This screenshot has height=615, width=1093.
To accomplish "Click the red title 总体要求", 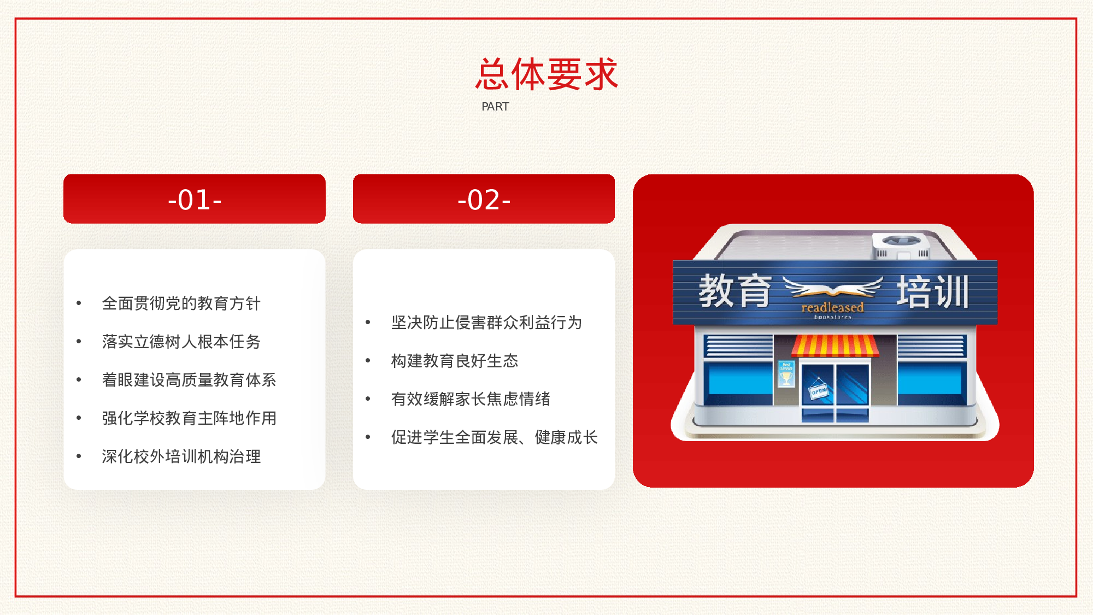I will (546, 74).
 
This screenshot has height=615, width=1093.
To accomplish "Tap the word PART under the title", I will (495, 107).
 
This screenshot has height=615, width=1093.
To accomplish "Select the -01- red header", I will (195, 199).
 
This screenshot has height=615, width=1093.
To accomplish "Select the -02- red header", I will (484, 199).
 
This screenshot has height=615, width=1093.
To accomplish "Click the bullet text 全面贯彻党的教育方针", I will (181, 303).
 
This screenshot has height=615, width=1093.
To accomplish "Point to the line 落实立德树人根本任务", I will (181, 342).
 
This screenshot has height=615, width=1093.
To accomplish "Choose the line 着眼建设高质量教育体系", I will (189, 380).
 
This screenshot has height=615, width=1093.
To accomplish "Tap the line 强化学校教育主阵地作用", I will (189, 418).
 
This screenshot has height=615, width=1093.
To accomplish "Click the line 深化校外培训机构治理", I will (181, 456).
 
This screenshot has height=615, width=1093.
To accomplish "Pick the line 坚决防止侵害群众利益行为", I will (486, 323).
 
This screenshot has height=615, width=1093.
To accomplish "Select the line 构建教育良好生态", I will (455, 361).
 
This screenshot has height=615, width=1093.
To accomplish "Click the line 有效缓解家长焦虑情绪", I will (471, 399).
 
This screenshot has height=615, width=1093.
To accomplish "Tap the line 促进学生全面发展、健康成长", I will (494, 437).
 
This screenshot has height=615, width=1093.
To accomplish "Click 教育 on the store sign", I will (735, 291).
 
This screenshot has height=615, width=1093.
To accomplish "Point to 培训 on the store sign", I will (932, 292).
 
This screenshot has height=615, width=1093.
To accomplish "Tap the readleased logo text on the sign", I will (832, 308).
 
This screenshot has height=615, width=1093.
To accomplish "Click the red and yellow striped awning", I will (835, 345).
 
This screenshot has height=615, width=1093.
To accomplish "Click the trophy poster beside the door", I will (786, 374).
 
